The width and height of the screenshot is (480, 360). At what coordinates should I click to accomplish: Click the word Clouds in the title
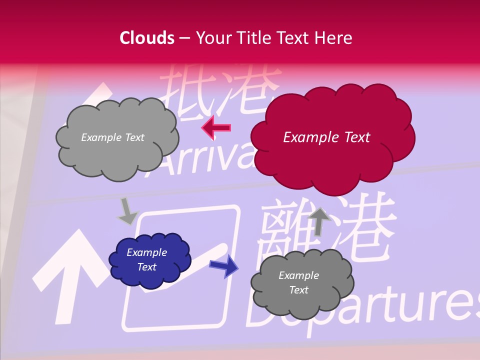147,38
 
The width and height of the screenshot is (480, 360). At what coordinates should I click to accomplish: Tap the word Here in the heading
333,38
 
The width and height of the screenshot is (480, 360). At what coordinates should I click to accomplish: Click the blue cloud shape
150,260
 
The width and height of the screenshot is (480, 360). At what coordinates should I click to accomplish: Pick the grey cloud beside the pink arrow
117,137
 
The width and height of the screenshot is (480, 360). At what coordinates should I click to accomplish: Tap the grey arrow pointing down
126,212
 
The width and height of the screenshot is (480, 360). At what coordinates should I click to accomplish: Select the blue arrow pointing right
223,265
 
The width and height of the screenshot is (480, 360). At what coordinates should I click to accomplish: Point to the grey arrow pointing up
319,221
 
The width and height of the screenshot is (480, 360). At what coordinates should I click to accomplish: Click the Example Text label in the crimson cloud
326,137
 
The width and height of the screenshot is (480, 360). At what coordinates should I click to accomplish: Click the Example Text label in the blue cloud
146,259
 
